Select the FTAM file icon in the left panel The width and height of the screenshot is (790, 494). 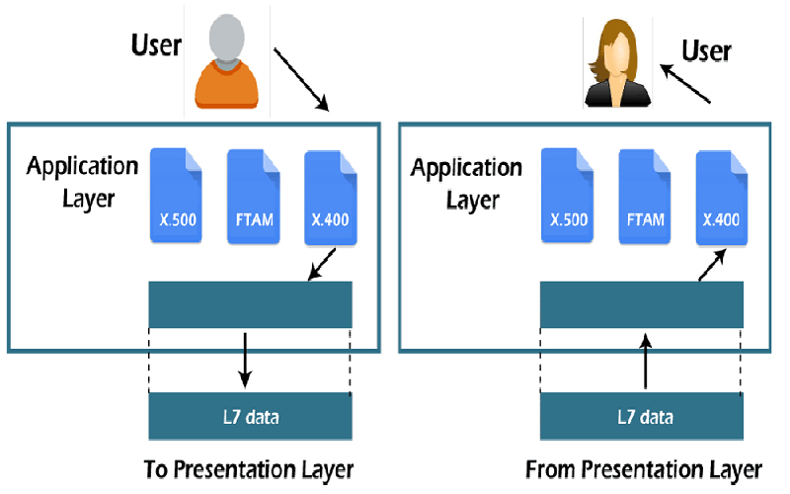coord(254,196)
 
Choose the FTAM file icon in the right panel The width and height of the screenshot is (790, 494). coord(645,196)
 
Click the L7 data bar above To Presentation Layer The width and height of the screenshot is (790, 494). coord(250,416)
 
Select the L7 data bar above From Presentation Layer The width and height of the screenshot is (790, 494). coord(641,416)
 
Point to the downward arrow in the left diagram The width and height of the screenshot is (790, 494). coord(247,362)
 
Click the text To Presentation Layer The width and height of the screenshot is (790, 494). coord(248,466)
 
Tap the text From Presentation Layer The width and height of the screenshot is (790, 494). coord(643,467)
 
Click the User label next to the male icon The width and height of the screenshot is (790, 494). coord(157,45)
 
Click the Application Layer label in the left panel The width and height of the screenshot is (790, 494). coord(82,180)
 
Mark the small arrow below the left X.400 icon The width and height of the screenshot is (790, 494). coord(321,265)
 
